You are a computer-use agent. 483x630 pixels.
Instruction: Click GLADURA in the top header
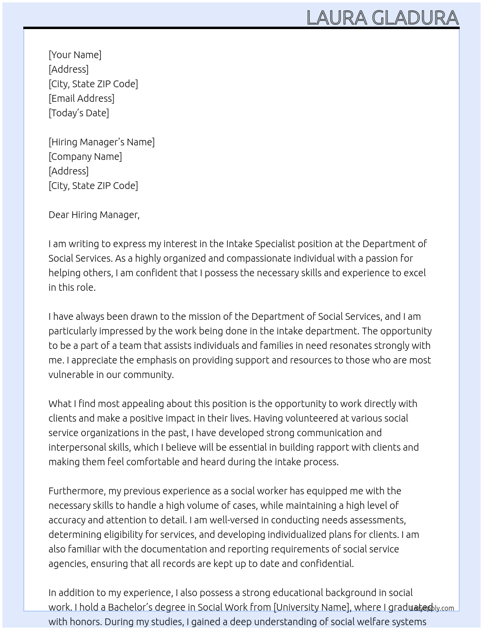pyautogui.click(x=416, y=18)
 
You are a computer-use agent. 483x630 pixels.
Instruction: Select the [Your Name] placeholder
pyautogui.click(x=75, y=55)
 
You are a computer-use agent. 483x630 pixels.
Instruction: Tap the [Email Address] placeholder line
pyautogui.click(x=81, y=98)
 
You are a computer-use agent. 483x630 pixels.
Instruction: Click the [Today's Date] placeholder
pyautogui.click(x=79, y=113)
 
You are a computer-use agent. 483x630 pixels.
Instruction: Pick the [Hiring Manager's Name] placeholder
pyautogui.click(x=101, y=142)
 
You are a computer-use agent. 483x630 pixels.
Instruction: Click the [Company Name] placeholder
pyautogui.click(x=85, y=157)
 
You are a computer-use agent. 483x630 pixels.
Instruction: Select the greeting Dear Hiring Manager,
pyautogui.click(x=94, y=215)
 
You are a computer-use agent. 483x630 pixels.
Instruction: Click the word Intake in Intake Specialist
pyautogui.click(x=239, y=244)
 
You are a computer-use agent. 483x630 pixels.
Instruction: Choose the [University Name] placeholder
pyautogui.click(x=311, y=607)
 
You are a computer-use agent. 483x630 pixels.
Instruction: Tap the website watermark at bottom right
pyautogui.click(x=432, y=608)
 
